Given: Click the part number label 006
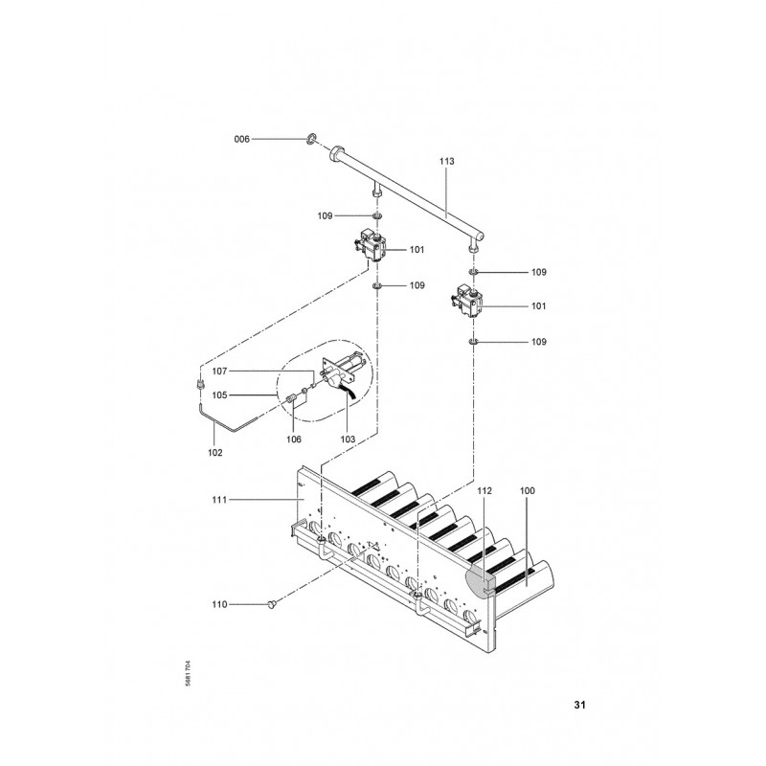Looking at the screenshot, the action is (x=242, y=139).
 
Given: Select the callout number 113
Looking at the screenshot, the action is (x=446, y=161).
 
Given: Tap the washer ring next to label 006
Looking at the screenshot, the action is (x=312, y=139).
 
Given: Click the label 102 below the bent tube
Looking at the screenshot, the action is (x=214, y=452).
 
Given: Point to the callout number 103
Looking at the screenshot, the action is (x=348, y=439).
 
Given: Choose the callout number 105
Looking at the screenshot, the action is (x=219, y=395).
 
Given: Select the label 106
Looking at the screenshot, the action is (x=294, y=439).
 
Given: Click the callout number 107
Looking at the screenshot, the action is (x=219, y=372).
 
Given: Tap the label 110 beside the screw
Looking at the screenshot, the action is (x=219, y=604).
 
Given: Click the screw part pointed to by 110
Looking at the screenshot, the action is (x=272, y=605).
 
